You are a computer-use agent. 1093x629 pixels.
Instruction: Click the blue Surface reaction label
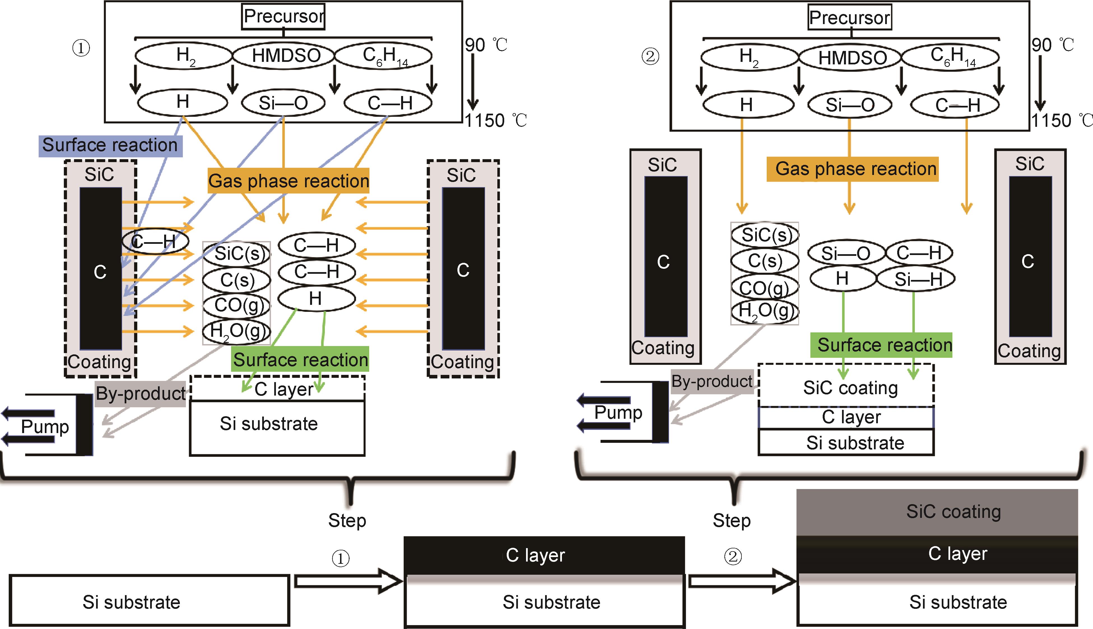tap(110, 146)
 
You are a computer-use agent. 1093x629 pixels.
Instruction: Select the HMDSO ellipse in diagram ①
tap(284, 55)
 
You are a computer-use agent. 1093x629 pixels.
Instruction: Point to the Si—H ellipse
tap(916, 279)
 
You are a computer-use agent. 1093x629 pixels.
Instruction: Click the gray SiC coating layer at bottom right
tap(937, 512)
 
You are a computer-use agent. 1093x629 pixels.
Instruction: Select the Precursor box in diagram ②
tap(850, 18)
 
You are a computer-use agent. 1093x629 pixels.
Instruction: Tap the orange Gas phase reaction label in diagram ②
tap(852, 169)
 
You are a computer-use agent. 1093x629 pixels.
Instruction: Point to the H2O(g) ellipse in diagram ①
tap(237, 331)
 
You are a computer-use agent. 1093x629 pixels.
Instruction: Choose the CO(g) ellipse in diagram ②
tap(764, 287)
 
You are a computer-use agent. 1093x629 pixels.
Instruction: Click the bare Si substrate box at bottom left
tap(149, 600)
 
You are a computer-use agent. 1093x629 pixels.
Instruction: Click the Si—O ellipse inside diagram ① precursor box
tap(283, 103)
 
